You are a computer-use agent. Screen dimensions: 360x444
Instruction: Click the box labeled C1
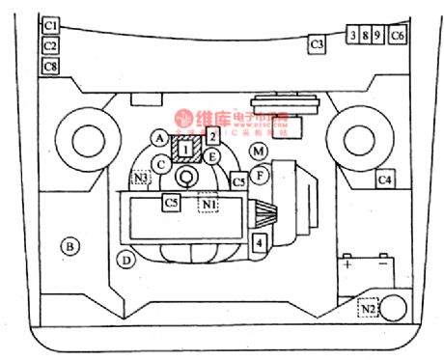51,22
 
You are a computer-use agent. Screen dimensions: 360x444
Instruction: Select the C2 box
51,44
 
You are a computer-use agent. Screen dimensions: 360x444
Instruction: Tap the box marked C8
51,66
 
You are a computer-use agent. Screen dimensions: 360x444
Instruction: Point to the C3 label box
316,43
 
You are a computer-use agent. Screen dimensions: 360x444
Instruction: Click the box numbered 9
377,35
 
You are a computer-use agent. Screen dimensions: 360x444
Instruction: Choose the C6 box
399,35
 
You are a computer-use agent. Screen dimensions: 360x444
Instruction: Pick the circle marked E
213,155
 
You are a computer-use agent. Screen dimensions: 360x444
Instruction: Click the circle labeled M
258,152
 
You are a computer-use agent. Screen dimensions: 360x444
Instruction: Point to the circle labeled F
258,175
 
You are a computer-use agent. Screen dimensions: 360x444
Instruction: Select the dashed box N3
142,178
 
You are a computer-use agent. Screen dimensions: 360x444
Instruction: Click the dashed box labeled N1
208,204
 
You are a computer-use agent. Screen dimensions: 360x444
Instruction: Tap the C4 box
385,179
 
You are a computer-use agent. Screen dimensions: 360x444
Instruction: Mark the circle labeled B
69,247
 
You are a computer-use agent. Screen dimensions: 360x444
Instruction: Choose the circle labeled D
125,260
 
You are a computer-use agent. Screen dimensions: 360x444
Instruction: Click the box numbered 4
259,242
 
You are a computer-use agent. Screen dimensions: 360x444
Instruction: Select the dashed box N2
367,308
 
